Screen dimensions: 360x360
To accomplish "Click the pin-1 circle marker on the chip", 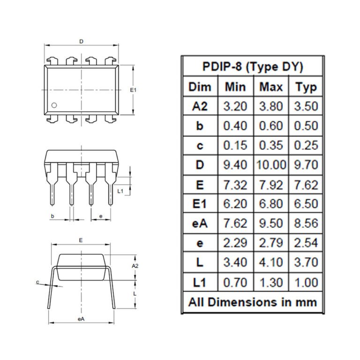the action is (x=54, y=105).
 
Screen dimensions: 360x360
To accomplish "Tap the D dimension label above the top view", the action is (x=81, y=42).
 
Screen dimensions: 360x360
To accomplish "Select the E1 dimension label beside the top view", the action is (x=133, y=90).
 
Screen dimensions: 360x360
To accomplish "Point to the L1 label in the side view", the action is (x=120, y=191).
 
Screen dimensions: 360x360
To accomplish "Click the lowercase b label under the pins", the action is (x=52, y=216).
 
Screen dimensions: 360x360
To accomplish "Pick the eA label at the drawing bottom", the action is (x=81, y=319).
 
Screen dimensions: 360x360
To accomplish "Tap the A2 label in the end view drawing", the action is (x=135, y=266).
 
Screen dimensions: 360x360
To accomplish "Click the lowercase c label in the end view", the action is (x=37, y=282).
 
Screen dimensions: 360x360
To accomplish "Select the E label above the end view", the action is (x=81, y=240).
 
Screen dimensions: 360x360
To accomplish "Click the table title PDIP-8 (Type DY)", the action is (x=253, y=67).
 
